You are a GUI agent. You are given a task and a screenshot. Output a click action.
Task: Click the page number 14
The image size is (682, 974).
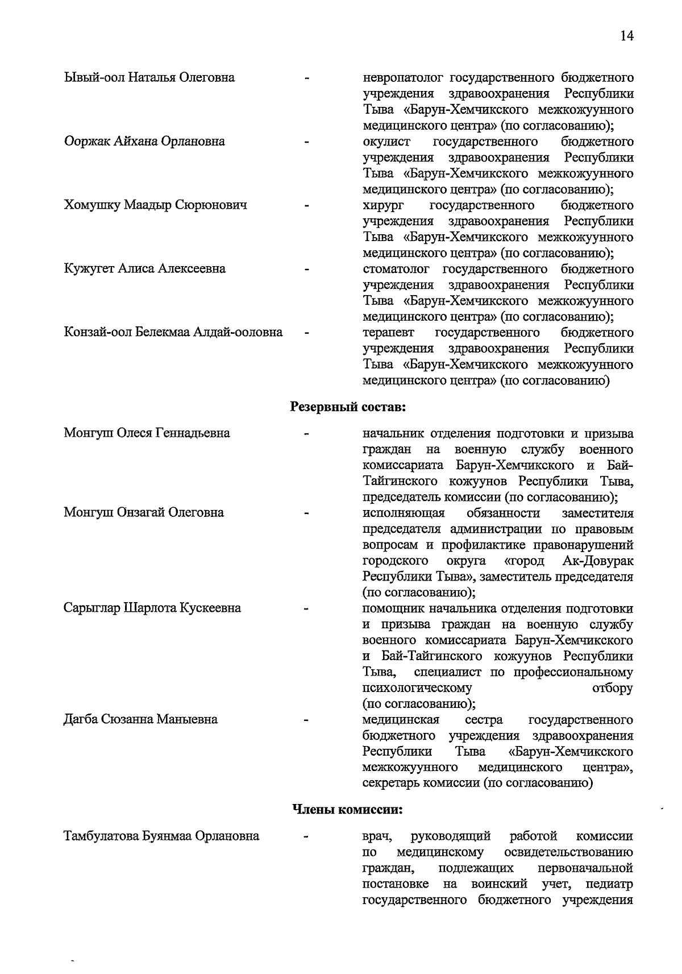tap(626, 36)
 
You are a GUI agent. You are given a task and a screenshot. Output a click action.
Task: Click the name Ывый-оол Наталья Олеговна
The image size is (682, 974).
tap(149, 77)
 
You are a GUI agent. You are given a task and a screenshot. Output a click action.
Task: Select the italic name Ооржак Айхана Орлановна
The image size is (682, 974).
tap(144, 141)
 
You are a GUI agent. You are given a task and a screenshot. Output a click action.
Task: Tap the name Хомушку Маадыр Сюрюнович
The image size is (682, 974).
tap(155, 205)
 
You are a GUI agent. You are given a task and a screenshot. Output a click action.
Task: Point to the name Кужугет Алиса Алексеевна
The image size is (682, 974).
tap(144, 268)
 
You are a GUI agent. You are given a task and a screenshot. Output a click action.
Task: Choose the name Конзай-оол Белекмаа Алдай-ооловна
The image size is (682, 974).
tap(173, 332)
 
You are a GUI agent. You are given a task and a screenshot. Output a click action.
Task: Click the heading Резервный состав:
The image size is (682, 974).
tap(348, 407)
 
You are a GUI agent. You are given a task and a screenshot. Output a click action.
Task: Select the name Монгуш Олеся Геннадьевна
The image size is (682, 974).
tap(147, 433)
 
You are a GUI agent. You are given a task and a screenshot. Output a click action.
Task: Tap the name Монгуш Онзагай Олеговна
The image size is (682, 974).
tap(143, 512)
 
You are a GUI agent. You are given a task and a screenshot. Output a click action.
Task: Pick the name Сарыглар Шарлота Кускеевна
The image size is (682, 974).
tap(152, 608)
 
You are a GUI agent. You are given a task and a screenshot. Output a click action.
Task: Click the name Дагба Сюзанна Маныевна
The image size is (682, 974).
tap(140, 719)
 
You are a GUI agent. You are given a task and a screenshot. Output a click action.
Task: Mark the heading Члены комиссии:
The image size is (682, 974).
tap(347, 809)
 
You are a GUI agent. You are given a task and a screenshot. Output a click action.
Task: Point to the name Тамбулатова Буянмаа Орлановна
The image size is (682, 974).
tap(161, 836)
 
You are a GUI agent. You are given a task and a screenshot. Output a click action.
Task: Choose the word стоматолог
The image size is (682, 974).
tap(396, 268)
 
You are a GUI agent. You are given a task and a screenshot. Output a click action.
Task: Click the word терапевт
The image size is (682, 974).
tap(388, 332)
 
